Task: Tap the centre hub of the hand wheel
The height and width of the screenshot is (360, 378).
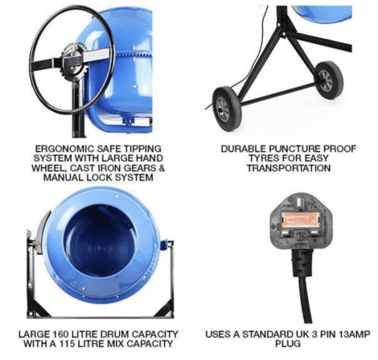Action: (x=72, y=61)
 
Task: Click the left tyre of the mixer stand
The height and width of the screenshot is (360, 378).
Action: (x=227, y=108)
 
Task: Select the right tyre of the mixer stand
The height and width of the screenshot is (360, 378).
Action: (x=329, y=80)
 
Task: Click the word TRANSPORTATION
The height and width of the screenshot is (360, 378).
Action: (x=289, y=168)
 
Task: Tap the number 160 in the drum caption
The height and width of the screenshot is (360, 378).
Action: (x=60, y=334)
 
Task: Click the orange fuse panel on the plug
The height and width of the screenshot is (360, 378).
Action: (x=301, y=220)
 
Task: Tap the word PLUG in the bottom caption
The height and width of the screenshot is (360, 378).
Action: (x=288, y=344)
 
